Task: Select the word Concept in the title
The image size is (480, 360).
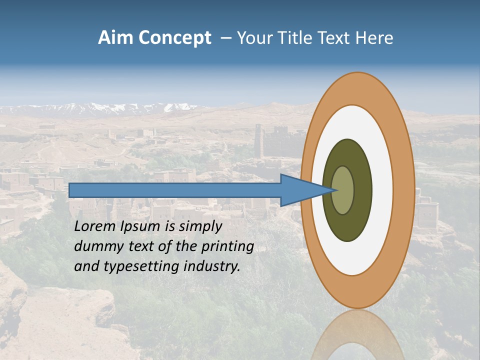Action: tap(175, 38)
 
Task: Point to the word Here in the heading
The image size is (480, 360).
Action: tap(374, 38)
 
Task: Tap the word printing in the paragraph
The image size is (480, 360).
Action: tap(227, 246)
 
